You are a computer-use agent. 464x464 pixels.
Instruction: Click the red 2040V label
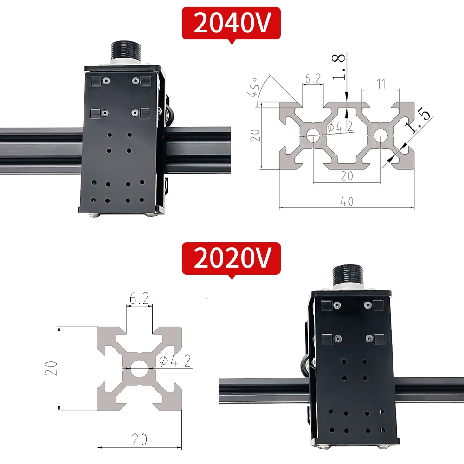(231, 23)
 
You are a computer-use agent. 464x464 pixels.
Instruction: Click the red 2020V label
(231, 258)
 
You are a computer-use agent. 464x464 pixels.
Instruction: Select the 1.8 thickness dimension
(338, 67)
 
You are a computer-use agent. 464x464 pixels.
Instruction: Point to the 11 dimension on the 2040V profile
(380, 84)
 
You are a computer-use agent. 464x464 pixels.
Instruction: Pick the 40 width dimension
(347, 201)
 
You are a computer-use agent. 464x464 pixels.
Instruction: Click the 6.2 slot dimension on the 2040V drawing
(313, 79)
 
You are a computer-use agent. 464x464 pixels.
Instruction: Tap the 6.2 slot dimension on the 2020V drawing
(139, 298)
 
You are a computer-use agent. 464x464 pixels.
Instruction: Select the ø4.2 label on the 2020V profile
(175, 361)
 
